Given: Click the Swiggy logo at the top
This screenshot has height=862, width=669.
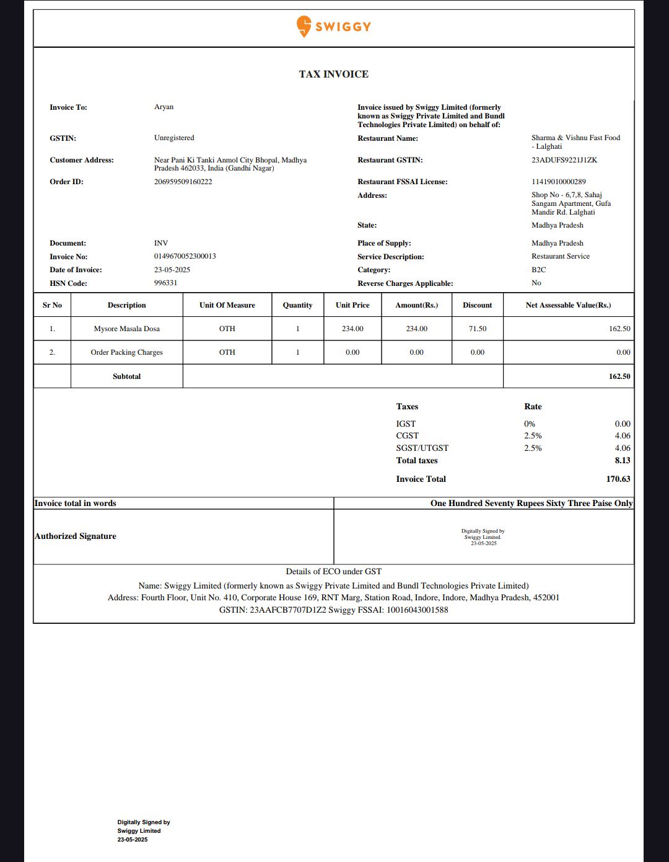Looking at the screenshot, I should click(333, 26).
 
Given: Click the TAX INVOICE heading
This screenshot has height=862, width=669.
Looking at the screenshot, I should click(333, 74).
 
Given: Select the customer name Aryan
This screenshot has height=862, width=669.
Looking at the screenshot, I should click(164, 107).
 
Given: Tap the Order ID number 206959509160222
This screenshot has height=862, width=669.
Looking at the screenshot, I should click(183, 182).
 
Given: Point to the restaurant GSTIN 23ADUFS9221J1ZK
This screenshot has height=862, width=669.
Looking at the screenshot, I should click(564, 160).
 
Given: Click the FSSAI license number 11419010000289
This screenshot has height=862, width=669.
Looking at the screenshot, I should click(558, 182).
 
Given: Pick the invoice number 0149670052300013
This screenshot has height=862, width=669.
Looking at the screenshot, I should click(185, 256).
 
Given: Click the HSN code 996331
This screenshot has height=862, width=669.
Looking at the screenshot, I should click(165, 283).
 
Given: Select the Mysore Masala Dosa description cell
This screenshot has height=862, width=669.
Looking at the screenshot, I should click(126, 329).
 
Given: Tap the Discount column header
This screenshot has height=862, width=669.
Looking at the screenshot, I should click(477, 305).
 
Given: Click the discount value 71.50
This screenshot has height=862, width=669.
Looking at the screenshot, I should click(477, 329).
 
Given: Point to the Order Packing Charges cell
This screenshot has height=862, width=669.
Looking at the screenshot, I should click(126, 352).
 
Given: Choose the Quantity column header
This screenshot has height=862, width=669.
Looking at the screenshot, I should click(297, 305).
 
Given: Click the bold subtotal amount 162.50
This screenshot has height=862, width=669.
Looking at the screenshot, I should click(619, 376).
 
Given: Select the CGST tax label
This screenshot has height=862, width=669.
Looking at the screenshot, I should click(407, 436).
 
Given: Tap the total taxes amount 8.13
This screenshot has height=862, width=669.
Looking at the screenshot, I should click(622, 460).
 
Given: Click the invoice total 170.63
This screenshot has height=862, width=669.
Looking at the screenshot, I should click(618, 479).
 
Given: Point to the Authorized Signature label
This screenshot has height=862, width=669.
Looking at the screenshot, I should click(76, 536).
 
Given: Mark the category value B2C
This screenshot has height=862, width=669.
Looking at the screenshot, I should click(538, 270).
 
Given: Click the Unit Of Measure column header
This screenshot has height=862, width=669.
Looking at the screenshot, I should click(227, 305).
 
